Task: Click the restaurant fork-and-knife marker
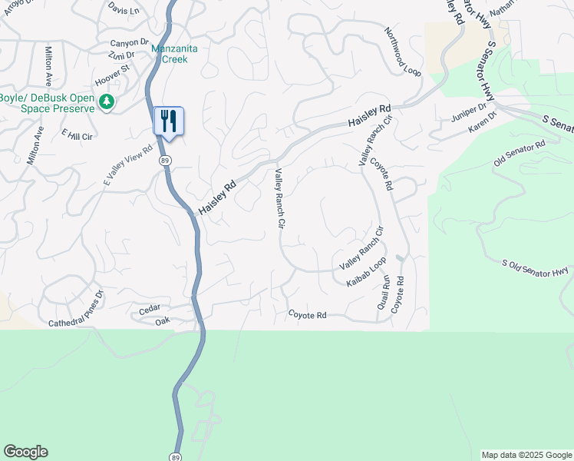coord(169,121)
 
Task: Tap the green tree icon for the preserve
coord(106,101)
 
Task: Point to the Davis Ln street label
coord(124,10)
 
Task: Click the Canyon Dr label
coord(128,43)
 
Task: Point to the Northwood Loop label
coord(402,52)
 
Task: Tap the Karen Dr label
coord(483,123)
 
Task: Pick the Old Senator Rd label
coord(520,152)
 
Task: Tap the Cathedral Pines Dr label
coord(76,312)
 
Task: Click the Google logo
coord(25,452)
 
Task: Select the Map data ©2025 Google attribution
coord(526,455)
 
